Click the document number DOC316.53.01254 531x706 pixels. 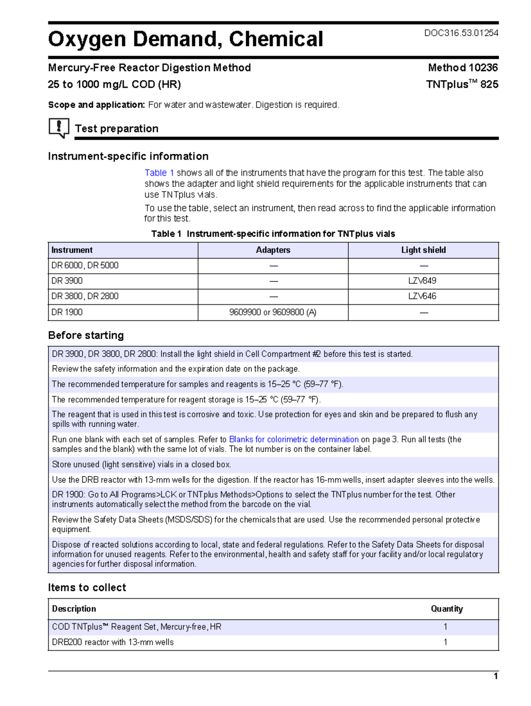point(461,33)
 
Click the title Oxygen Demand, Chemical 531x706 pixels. point(185,39)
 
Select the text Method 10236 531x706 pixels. point(462,68)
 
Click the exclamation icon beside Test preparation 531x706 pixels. point(58,127)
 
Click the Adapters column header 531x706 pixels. point(273,250)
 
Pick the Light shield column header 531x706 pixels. point(423,250)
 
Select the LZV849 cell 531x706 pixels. point(422,281)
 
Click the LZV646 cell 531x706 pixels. point(422,296)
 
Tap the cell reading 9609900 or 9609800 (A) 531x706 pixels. point(273,312)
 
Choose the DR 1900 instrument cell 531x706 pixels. point(67,312)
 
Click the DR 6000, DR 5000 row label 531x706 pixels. point(85,265)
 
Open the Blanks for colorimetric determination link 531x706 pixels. point(293,439)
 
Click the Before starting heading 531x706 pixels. point(86,335)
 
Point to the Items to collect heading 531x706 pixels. point(87,587)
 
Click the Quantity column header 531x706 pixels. point(446,609)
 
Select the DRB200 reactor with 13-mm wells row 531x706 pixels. point(113,642)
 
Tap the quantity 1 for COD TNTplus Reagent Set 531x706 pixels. point(445,627)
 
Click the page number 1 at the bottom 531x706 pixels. point(496,676)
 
